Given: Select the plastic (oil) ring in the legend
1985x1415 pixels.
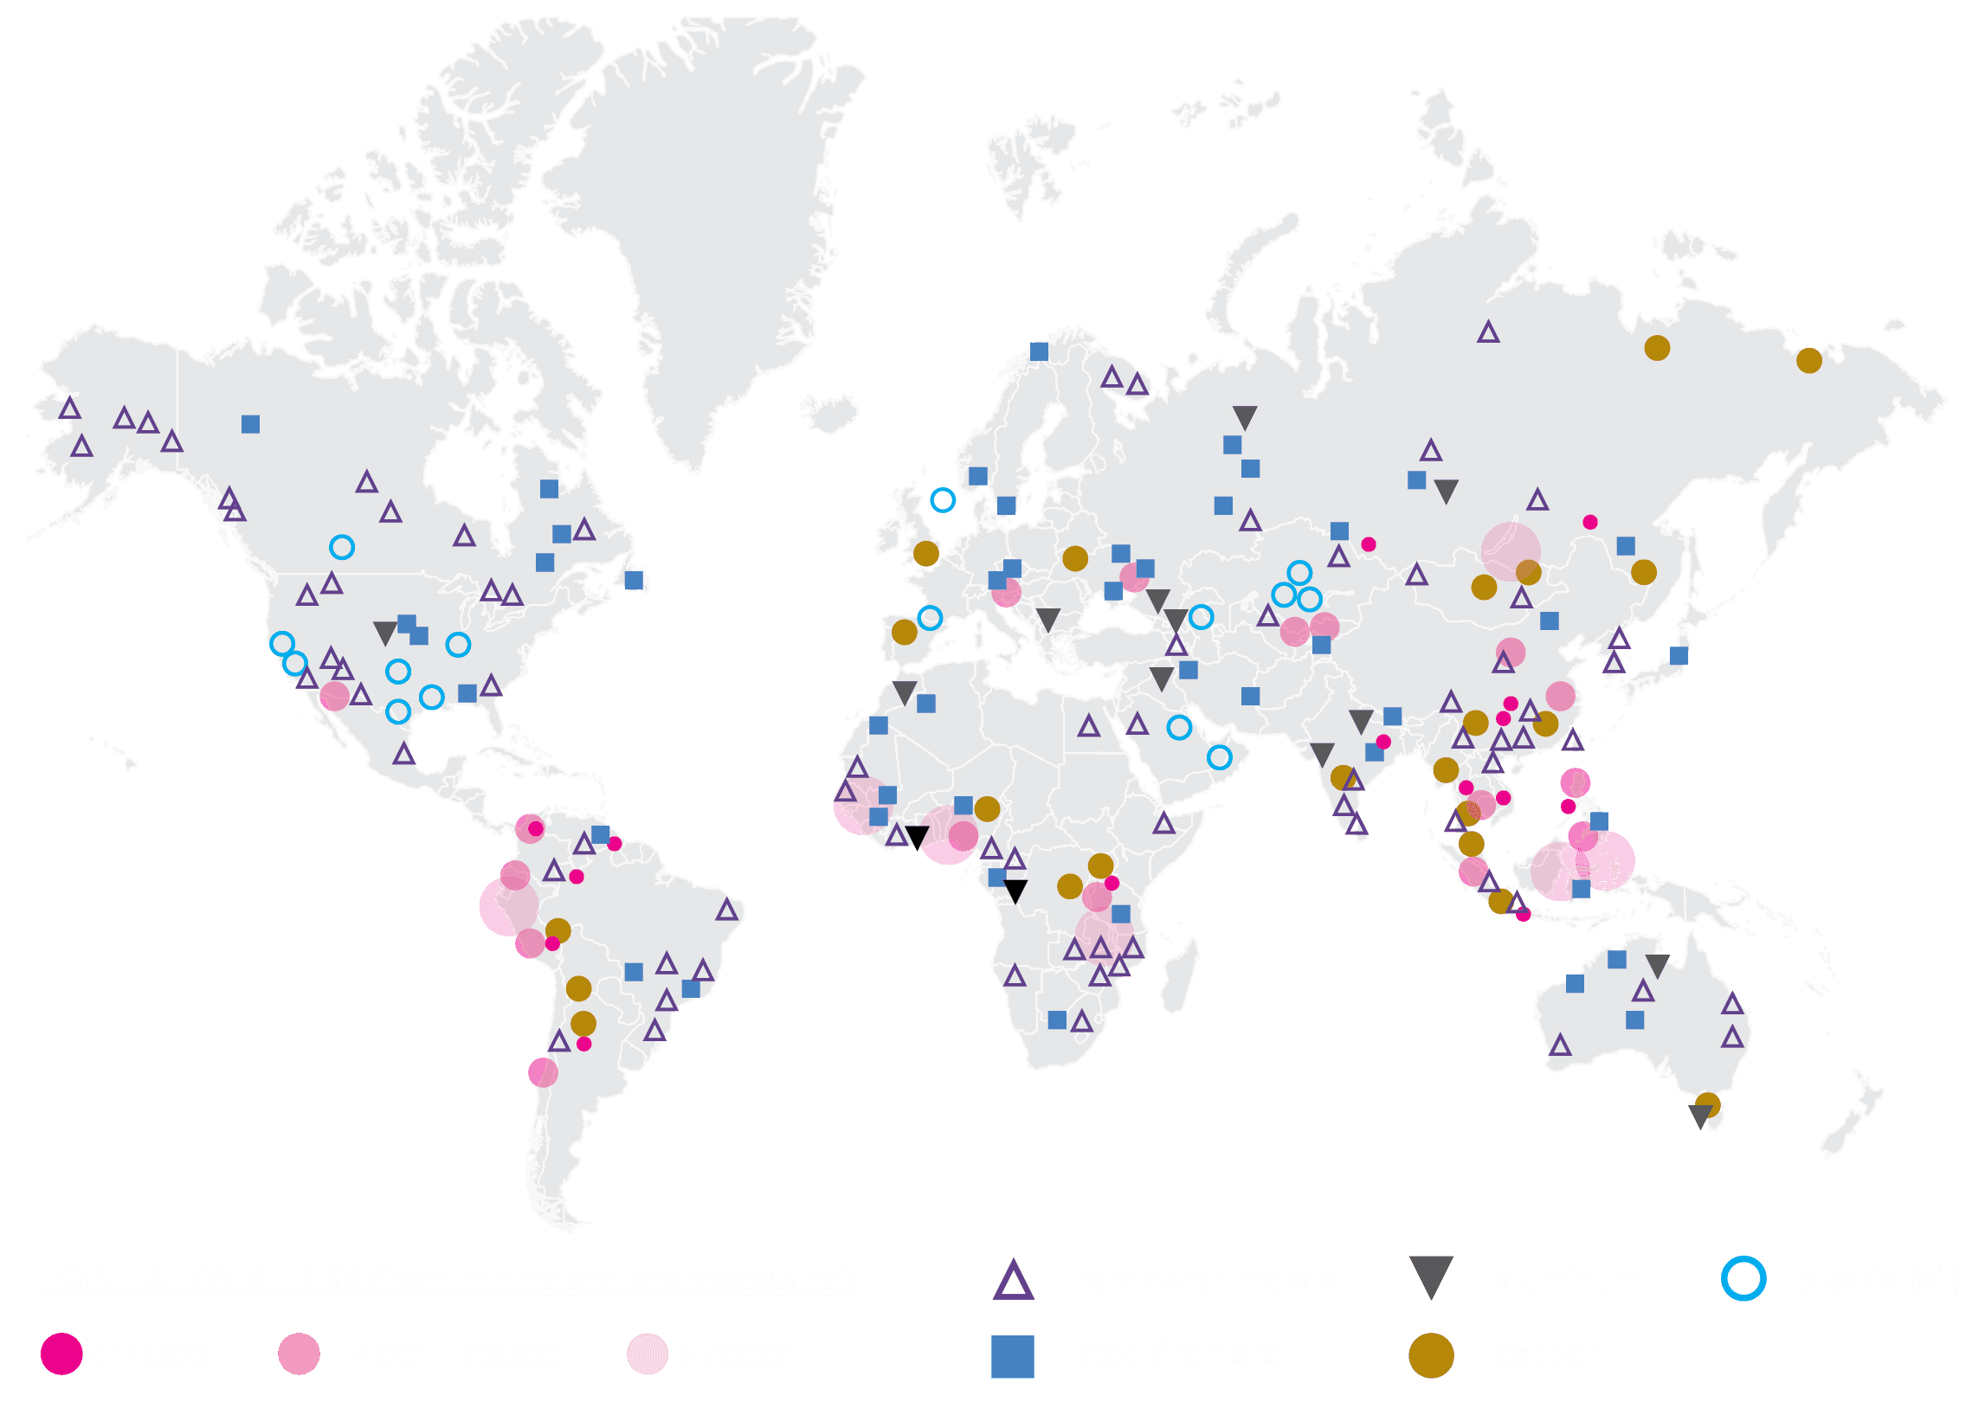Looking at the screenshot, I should [x=1743, y=1279].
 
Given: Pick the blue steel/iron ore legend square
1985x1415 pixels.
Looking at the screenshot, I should [x=1013, y=1356].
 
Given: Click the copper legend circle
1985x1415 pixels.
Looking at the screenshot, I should [x=1431, y=1355].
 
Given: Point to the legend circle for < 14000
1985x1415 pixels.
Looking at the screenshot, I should [x=61, y=1354].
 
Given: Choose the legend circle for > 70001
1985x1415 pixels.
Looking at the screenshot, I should [x=648, y=1354].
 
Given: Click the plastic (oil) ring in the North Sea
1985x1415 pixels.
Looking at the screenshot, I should [x=943, y=500].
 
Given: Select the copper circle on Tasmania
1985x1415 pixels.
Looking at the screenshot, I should [x=1708, y=1105].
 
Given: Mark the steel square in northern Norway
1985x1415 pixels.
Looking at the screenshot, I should [x=1039, y=351].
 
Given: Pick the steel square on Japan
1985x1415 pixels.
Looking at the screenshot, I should [x=1679, y=656].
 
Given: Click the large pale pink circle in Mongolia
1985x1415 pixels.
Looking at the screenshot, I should [x=1510, y=551].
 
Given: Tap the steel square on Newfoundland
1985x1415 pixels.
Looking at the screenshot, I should [x=634, y=581].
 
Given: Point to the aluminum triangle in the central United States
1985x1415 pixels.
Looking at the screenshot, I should [x=384, y=632].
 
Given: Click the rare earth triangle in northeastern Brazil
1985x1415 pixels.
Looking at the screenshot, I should [x=726, y=910].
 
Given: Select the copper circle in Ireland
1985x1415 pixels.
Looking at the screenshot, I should [x=925, y=553].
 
